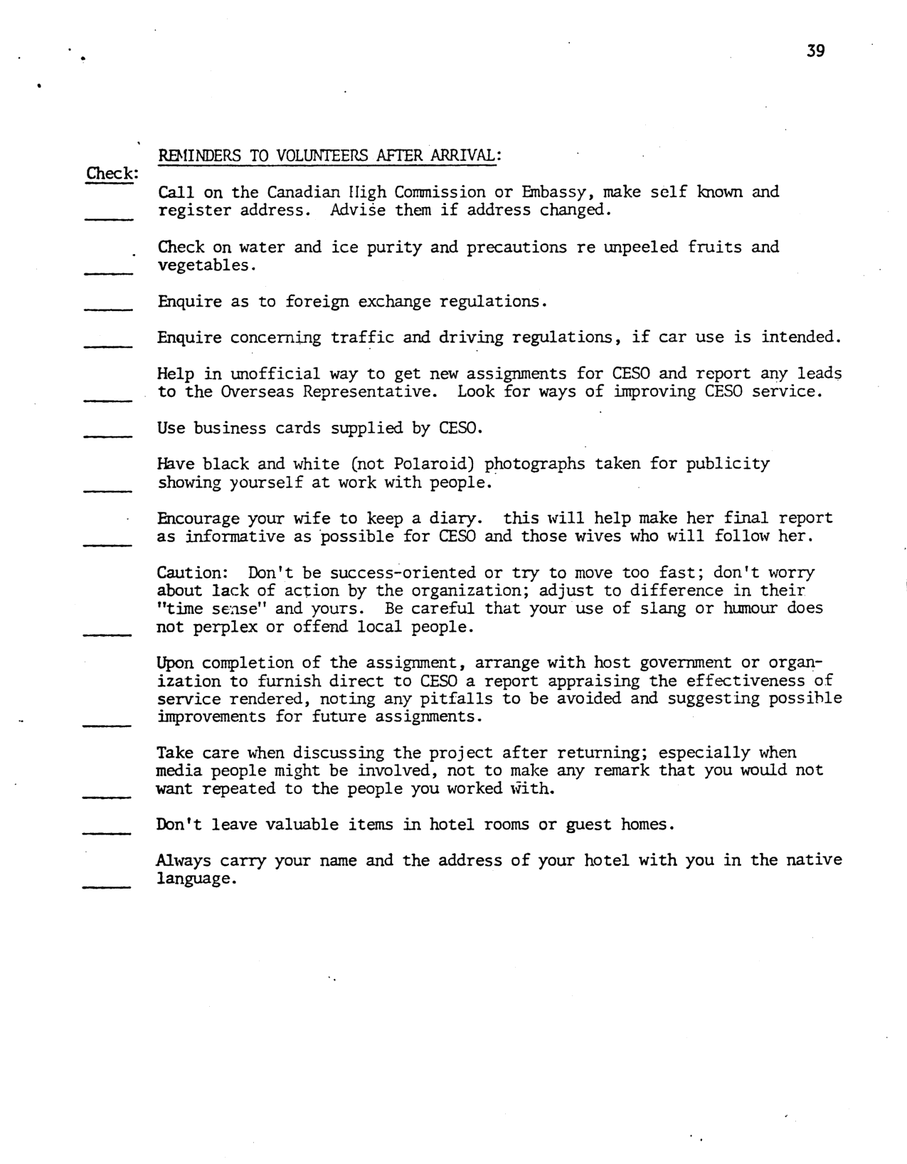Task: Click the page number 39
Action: click(x=815, y=51)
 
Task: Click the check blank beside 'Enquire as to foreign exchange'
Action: click(x=108, y=308)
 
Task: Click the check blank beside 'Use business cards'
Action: click(x=108, y=435)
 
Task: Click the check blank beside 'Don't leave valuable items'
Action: click(x=108, y=832)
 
